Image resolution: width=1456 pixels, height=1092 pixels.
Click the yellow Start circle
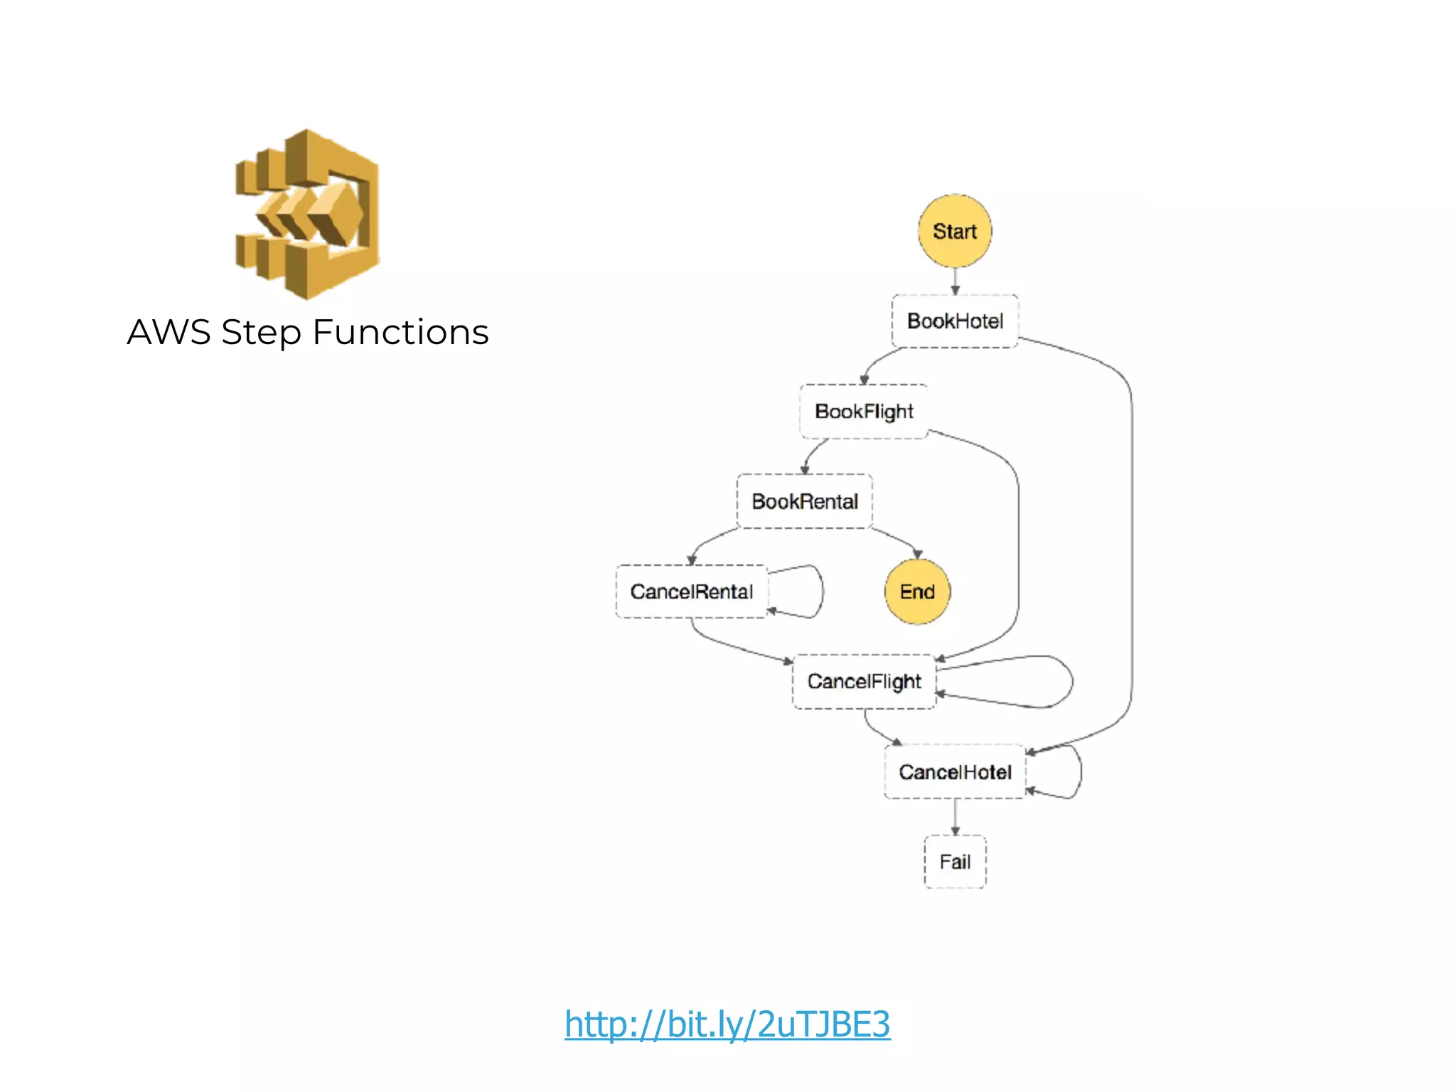coord(954,231)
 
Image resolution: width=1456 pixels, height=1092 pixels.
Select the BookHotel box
coord(954,321)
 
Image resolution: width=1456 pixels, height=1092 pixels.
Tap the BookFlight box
coord(863,411)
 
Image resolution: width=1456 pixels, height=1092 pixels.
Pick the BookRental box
coord(804,501)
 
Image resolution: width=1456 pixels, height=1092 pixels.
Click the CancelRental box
coord(691,591)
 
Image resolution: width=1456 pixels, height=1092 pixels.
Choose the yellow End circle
coord(917,591)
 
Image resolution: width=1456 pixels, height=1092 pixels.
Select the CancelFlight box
coord(863,681)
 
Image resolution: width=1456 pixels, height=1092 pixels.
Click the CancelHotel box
coord(954,771)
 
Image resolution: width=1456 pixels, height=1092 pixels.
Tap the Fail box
coord(954,862)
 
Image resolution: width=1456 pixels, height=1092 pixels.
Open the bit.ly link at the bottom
coord(727,1024)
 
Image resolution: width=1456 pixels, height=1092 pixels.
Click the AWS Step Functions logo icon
coord(308,213)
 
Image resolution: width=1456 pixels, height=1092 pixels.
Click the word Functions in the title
coord(400,332)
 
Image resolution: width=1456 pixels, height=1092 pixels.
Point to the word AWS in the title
coord(168,332)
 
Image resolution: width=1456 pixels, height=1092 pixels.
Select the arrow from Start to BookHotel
coord(955,281)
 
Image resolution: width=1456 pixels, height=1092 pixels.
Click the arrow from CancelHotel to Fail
coord(955,818)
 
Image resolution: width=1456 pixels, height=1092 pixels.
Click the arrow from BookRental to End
coord(897,540)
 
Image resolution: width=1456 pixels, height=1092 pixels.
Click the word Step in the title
coord(261,332)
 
